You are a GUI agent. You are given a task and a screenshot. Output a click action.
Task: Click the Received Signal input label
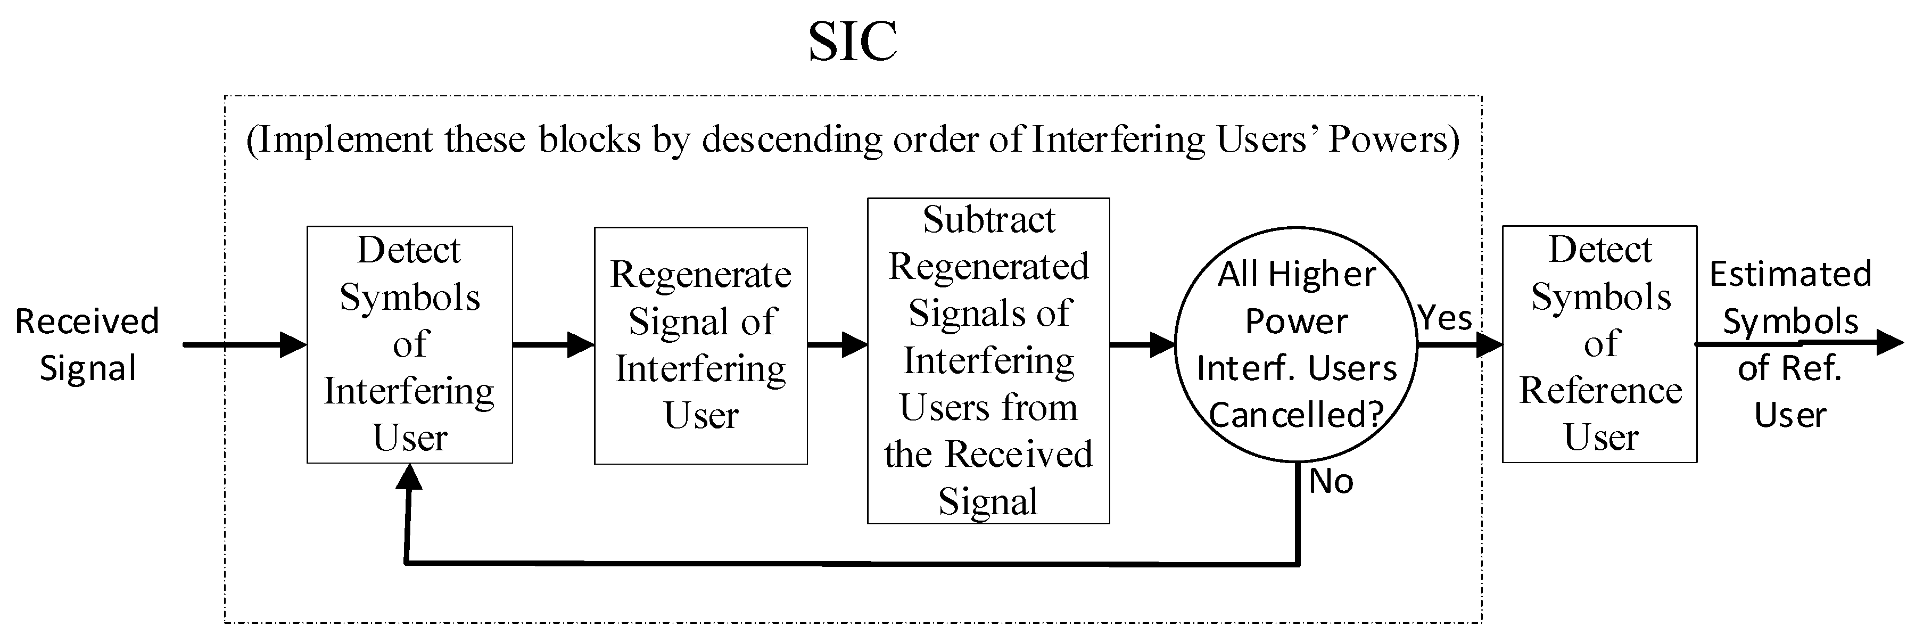pos(87,344)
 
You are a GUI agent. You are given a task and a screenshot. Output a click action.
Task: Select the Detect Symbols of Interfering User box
pos(410,344)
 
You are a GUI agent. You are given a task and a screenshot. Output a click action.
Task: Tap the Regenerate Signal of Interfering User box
pos(700,345)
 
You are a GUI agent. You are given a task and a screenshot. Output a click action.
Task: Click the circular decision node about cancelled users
pos(1296,345)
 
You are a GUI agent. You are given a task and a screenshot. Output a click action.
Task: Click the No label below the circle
pos(1331,482)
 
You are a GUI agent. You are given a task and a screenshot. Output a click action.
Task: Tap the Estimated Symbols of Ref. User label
pos(1790,344)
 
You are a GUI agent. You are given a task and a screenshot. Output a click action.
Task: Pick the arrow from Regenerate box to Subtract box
pos(838,345)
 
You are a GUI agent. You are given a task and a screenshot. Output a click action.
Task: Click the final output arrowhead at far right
pos(1888,343)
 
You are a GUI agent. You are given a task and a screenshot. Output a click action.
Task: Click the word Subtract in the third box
pos(989,220)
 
